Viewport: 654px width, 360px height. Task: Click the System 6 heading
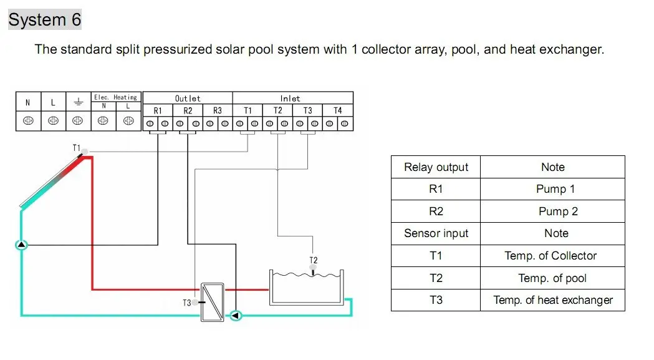(44, 20)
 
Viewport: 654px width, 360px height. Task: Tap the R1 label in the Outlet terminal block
(158, 110)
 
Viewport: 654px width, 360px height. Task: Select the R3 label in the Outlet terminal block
(217, 110)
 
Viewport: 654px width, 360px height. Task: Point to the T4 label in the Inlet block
(337, 110)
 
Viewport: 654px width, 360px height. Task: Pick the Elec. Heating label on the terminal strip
(115, 97)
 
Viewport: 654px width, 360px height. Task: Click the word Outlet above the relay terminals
(188, 98)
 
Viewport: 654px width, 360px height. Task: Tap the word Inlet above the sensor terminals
(290, 98)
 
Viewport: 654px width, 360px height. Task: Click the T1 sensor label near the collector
(77, 148)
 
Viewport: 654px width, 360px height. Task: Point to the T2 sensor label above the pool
(314, 260)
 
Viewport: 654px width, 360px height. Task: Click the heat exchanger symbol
(213, 302)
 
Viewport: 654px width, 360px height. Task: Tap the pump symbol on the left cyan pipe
(22, 245)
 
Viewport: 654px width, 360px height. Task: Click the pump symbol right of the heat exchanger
(236, 316)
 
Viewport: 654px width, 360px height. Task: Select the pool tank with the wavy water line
(306, 288)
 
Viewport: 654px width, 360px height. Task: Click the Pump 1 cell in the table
(555, 189)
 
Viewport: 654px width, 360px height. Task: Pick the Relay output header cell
(436, 167)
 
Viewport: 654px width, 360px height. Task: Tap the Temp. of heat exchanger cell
(553, 300)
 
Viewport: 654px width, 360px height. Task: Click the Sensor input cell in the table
(436, 233)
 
